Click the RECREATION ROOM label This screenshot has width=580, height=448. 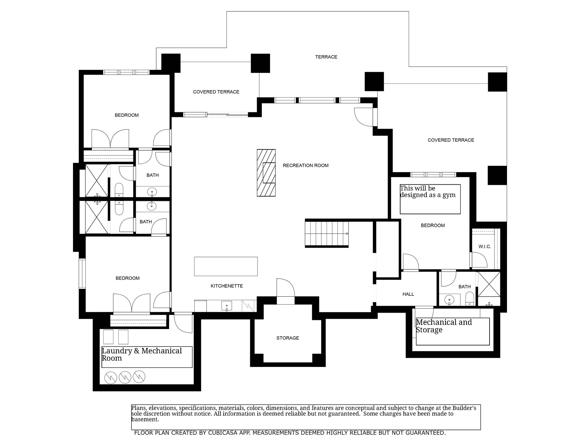[305, 166]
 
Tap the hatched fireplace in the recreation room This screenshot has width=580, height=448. [266, 173]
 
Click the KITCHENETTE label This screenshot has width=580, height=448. [227, 286]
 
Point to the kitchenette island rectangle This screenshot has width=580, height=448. [226, 266]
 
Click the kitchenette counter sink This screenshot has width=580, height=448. [227, 306]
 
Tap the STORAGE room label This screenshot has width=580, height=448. [288, 338]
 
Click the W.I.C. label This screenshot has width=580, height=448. [485, 247]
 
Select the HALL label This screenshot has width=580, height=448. [408, 294]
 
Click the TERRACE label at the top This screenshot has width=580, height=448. [326, 57]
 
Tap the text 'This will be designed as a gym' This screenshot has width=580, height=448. [427, 192]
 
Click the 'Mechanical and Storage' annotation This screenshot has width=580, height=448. [444, 326]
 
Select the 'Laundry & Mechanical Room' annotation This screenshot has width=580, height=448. [142, 354]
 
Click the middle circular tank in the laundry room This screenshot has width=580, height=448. [125, 377]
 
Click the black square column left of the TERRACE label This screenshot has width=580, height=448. [260, 63]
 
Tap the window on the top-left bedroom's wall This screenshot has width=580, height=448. [126, 72]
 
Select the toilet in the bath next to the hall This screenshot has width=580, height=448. [469, 299]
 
